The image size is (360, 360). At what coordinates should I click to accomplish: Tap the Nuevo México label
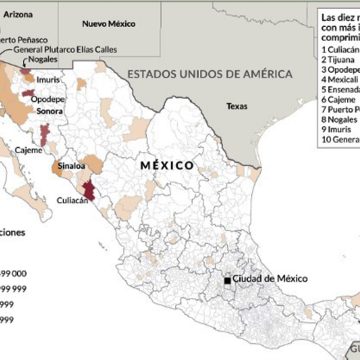pos(109,21)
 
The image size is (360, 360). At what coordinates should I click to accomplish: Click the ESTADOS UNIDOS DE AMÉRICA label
pos(209,74)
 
